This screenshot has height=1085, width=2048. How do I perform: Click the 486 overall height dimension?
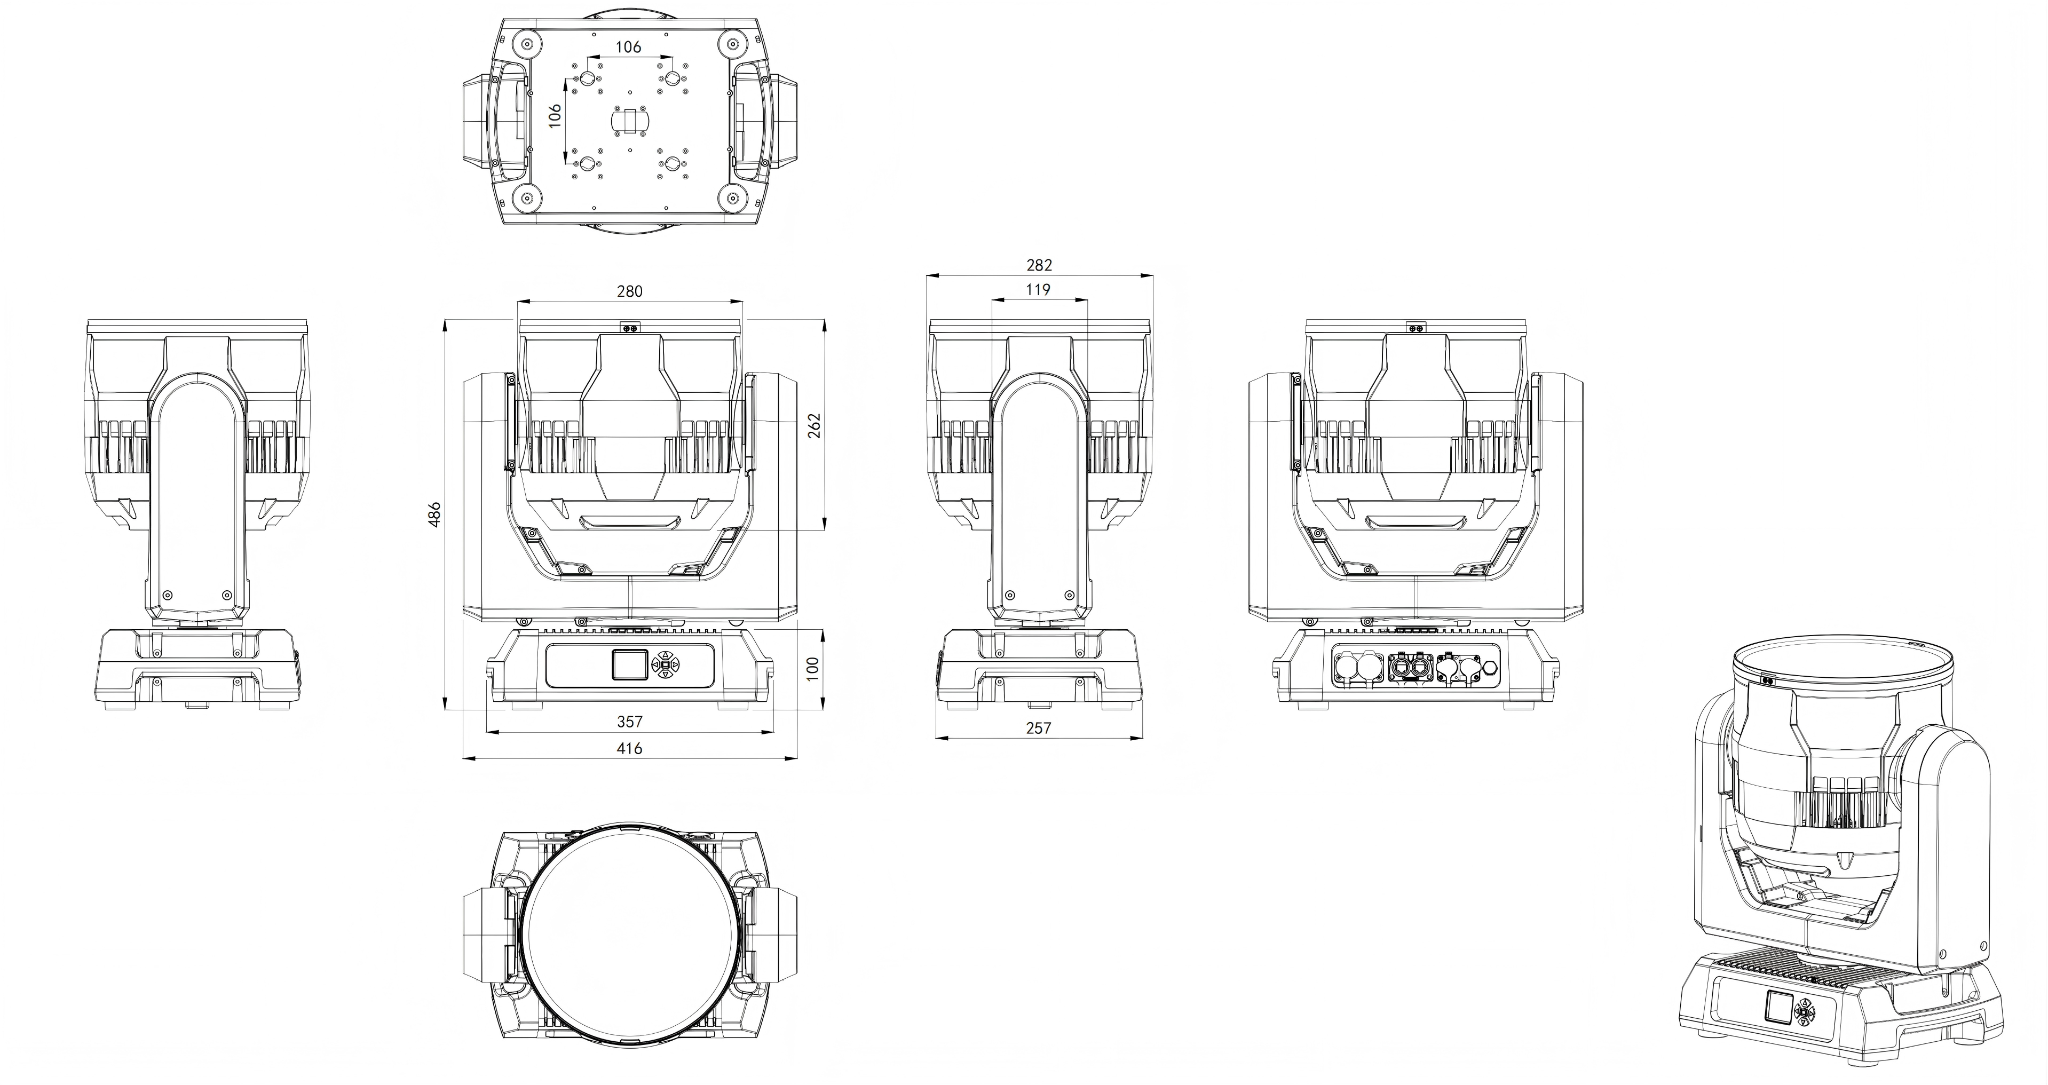(434, 514)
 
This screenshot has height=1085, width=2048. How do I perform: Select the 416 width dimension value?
(630, 748)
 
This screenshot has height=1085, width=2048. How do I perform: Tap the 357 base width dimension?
(630, 722)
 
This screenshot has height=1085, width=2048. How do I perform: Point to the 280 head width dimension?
(630, 291)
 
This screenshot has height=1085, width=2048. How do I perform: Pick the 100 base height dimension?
(812, 666)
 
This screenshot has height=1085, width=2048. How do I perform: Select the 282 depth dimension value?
(1039, 265)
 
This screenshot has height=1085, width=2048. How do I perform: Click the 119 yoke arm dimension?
(1038, 289)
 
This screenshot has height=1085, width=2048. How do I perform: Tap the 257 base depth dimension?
(1038, 727)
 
